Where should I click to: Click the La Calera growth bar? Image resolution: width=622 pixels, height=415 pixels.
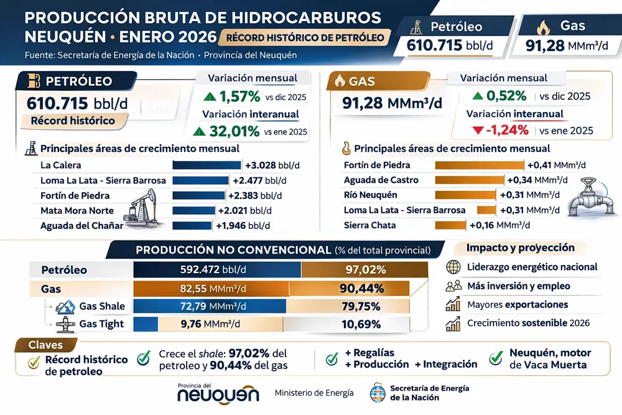(206, 165)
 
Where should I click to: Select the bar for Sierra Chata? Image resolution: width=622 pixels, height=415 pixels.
(450, 225)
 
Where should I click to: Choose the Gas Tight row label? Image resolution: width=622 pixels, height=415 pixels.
(101, 324)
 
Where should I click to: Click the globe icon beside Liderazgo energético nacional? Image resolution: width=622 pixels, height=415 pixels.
(453, 268)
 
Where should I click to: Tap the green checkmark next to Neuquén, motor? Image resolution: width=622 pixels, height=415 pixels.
(496, 358)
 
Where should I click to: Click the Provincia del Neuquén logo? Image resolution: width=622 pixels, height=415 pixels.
(218, 393)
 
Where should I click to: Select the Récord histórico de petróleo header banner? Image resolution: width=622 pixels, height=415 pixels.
(304, 37)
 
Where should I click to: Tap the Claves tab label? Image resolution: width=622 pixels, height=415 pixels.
(44, 345)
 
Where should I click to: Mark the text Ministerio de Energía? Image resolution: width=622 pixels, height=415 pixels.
(314, 393)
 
